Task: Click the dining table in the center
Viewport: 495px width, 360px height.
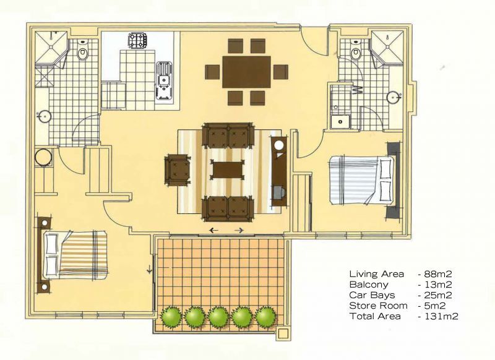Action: pos(246,72)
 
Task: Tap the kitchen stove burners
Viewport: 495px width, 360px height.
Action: pos(137,40)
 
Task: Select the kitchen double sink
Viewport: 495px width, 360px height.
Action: pos(164,82)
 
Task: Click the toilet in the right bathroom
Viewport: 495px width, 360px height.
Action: pos(355,51)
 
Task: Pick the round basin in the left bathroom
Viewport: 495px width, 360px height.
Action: pos(45,117)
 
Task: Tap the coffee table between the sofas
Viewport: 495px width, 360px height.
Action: pos(227,170)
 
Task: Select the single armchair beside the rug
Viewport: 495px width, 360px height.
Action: pos(178,170)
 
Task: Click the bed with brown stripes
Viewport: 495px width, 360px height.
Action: pos(75,255)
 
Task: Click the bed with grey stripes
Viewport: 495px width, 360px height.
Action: pos(362,180)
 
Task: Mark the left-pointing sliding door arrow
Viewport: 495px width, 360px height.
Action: pos(214,230)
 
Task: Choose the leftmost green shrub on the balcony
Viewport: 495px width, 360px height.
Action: pos(171,317)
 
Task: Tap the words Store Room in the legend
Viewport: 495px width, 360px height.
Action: pos(378,306)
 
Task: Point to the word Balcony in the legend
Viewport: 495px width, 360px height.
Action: pos(369,285)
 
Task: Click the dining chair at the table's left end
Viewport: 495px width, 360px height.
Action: pos(212,72)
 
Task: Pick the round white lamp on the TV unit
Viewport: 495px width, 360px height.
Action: pos(279,145)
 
